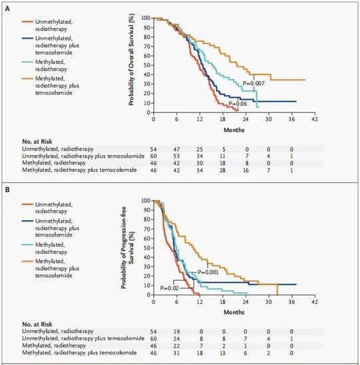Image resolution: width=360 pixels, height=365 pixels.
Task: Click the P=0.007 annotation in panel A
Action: click(254, 83)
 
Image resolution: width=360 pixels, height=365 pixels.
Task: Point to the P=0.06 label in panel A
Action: click(238, 104)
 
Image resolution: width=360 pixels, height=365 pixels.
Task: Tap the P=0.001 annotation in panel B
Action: click(208, 272)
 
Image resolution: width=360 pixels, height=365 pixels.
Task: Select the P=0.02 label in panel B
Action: click(170, 288)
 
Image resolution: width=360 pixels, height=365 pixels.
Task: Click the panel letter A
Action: click(7, 9)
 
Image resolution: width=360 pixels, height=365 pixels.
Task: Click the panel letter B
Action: click(7, 189)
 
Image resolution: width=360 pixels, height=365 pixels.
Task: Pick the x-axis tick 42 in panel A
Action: click(315, 119)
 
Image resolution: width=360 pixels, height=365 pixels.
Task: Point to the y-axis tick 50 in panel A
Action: click(148, 65)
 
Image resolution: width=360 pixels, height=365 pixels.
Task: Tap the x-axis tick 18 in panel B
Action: click(222, 302)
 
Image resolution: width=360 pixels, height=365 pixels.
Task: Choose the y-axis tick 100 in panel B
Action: click(146, 201)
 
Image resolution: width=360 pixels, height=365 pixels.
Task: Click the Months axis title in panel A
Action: click(234, 130)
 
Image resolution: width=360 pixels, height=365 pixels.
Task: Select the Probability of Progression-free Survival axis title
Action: click(128, 248)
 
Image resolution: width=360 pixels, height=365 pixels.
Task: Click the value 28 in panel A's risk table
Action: click(222, 170)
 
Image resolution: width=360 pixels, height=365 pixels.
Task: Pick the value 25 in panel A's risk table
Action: click(200, 149)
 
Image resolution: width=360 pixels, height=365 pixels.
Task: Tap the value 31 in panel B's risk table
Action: click(176, 353)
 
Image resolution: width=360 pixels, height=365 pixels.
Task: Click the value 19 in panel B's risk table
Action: click(176, 332)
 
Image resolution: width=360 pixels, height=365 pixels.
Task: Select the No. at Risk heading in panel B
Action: click(37, 324)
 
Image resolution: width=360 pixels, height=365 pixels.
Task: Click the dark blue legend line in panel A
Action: click(27, 38)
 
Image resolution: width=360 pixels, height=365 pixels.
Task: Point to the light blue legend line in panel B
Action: click(27, 245)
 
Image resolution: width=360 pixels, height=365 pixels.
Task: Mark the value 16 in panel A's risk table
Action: click(246, 170)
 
